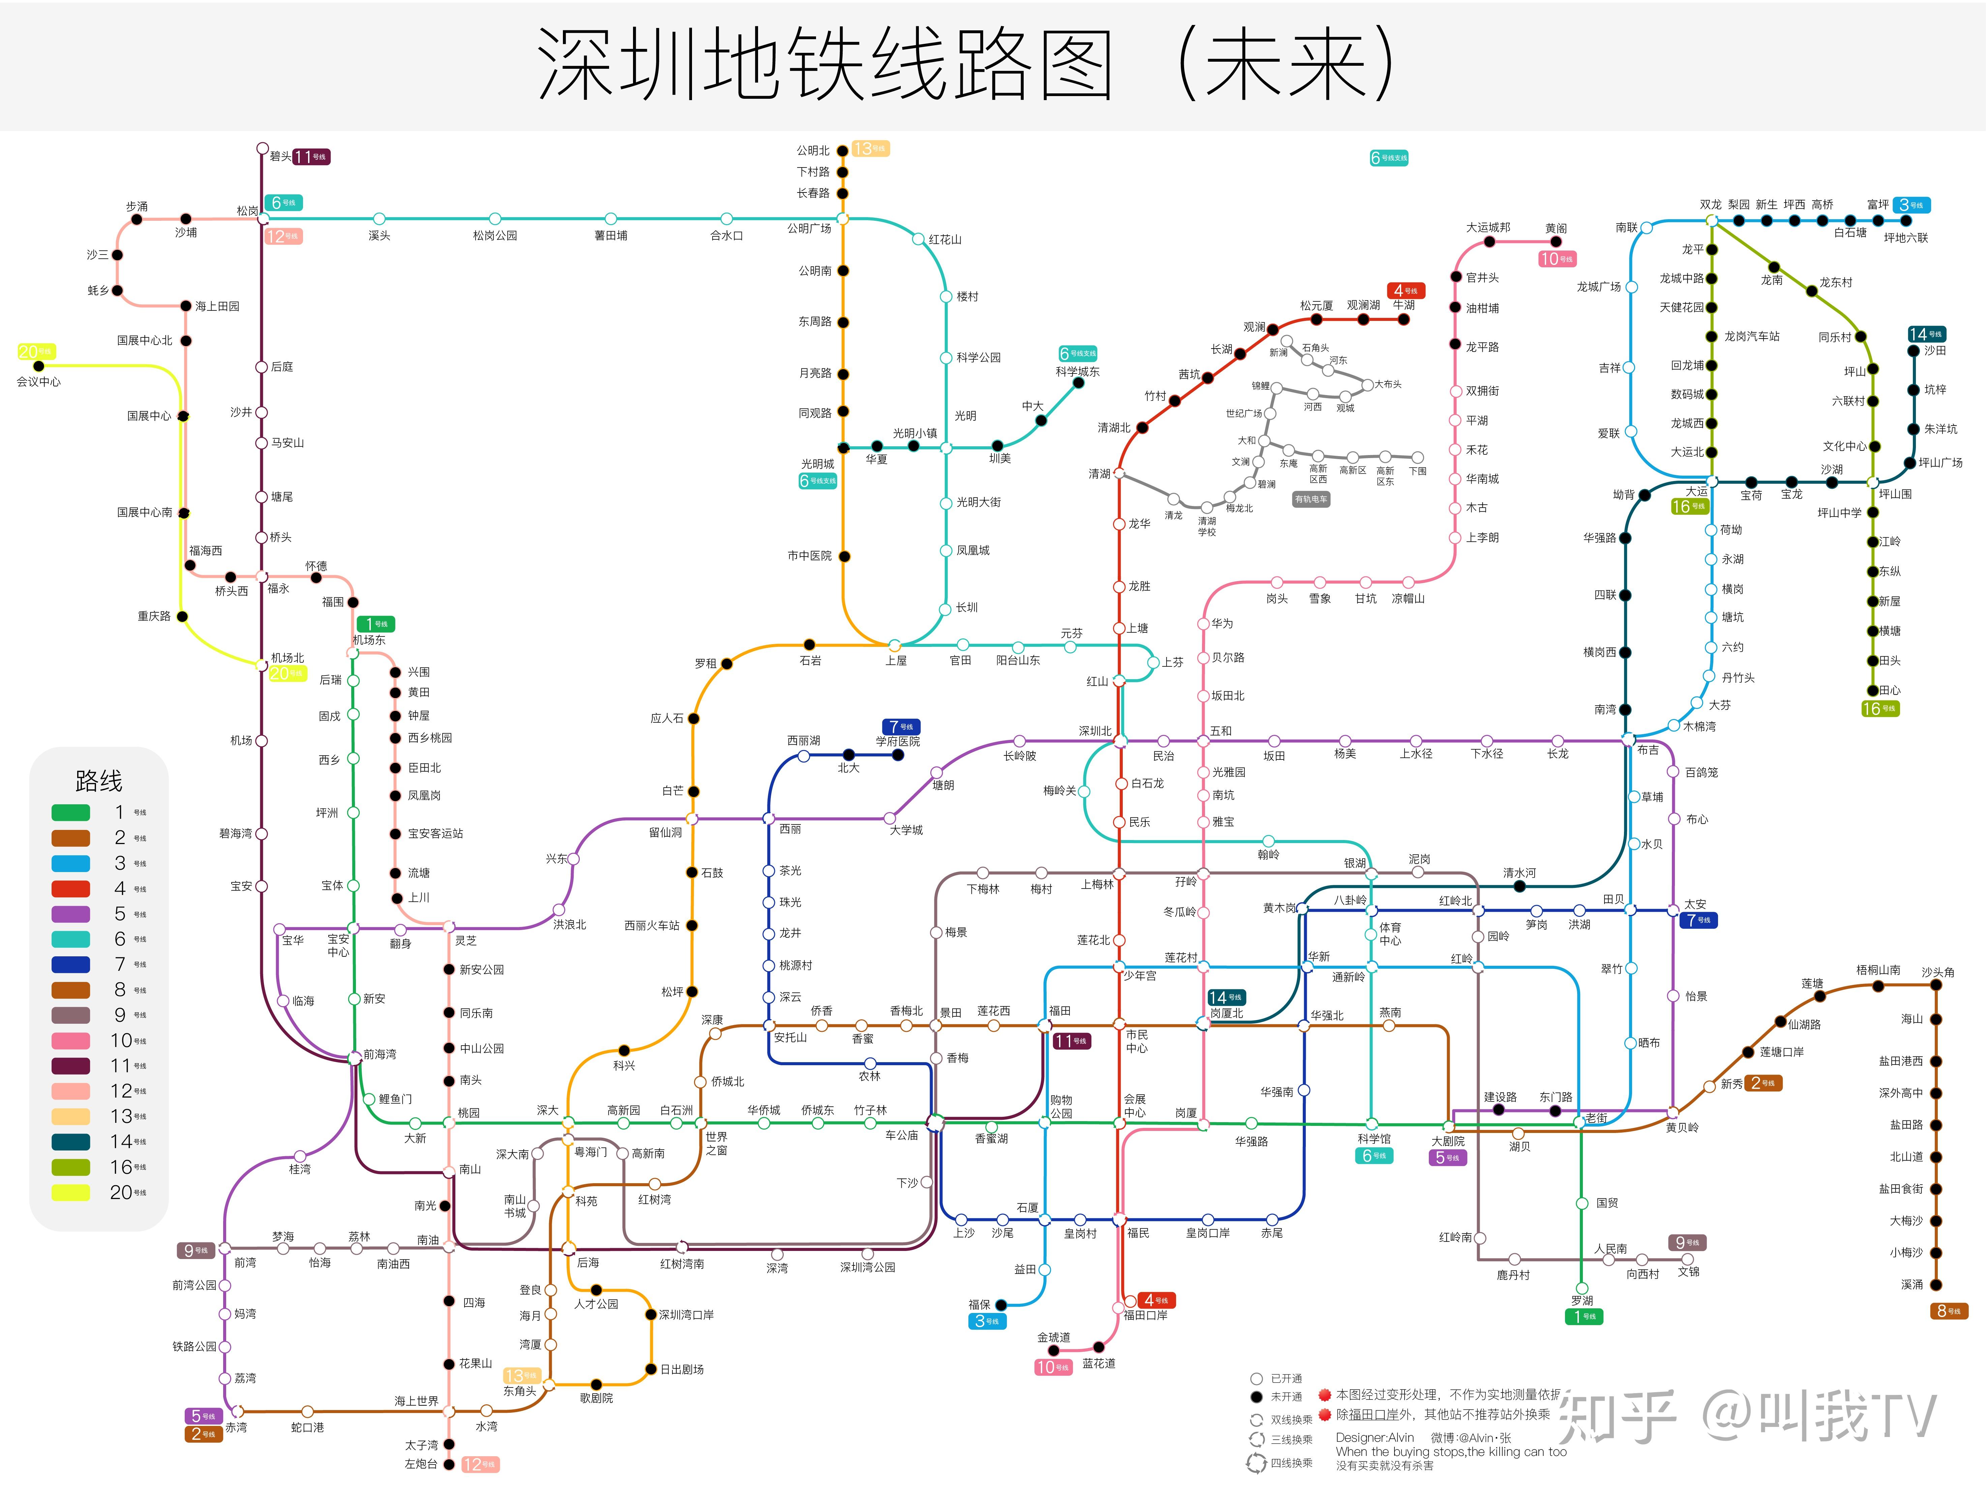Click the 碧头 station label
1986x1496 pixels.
coord(280,157)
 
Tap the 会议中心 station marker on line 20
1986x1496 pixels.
coord(39,366)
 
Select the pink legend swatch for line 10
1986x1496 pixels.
coord(71,1041)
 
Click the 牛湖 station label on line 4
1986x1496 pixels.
coord(1403,305)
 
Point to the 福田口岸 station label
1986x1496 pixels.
coord(1146,1316)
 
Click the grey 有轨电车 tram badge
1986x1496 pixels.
coord(1311,499)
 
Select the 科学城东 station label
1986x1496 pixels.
coord(1077,372)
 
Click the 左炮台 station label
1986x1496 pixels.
coord(421,1465)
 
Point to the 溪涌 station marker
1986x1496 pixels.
coord(1936,1285)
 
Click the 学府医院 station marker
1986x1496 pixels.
coord(898,755)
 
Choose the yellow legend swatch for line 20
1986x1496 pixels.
coord(71,1193)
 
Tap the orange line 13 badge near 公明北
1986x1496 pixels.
coord(870,149)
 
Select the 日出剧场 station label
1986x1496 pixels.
coord(682,1369)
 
